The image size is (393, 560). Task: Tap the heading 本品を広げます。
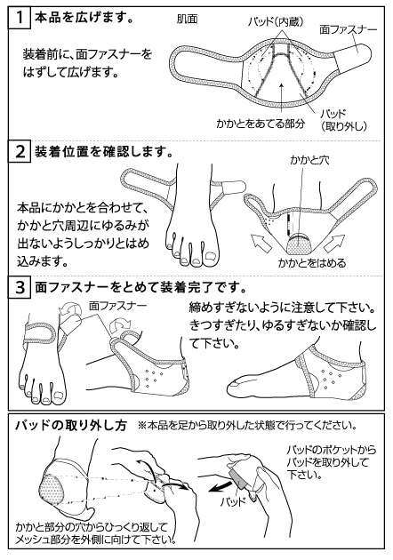click(x=84, y=17)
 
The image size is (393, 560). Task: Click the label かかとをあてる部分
click(x=254, y=125)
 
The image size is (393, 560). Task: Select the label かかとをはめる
click(x=311, y=262)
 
